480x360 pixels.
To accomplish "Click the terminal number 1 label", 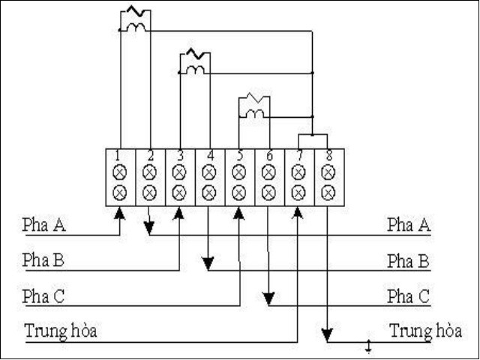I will click(x=119, y=156).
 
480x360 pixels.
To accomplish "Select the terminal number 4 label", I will click(x=209, y=156).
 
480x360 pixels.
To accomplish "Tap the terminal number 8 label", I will click(x=328, y=156).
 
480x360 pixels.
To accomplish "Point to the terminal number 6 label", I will click(x=268, y=156).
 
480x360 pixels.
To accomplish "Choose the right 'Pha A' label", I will click(x=408, y=223).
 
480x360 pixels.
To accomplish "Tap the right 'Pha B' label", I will click(x=408, y=261).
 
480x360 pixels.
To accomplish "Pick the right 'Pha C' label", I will click(x=408, y=296).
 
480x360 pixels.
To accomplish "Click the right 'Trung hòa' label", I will click(x=425, y=331).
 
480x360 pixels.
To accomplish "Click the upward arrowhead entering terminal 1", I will click(x=119, y=214).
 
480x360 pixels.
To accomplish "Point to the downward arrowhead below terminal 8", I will click(x=328, y=334).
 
